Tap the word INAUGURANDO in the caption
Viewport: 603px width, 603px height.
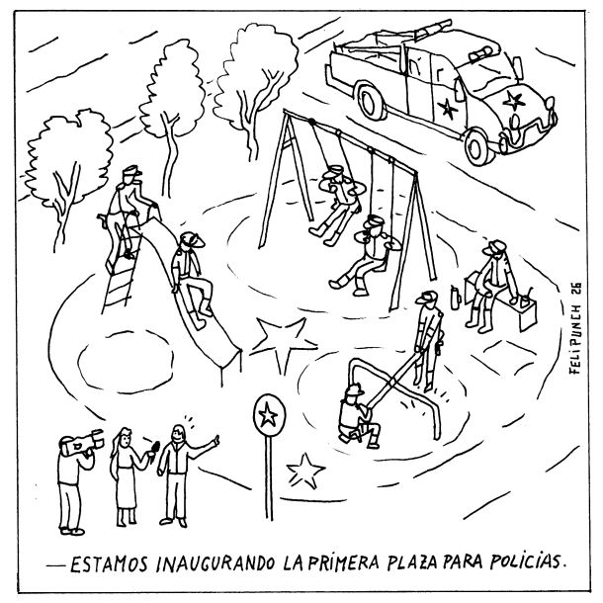(215, 563)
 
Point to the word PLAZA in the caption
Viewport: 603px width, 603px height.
(412, 562)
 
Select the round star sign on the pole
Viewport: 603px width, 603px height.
(269, 415)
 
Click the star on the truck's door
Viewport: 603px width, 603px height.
(447, 108)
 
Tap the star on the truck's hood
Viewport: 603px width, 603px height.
(513, 101)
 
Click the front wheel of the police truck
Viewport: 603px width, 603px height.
(478, 147)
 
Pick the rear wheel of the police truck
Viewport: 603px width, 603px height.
(371, 100)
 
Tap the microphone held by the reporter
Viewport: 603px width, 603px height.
(154, 449)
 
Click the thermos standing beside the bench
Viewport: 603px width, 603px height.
(456, 298)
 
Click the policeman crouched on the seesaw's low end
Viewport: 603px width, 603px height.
(358, 417)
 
